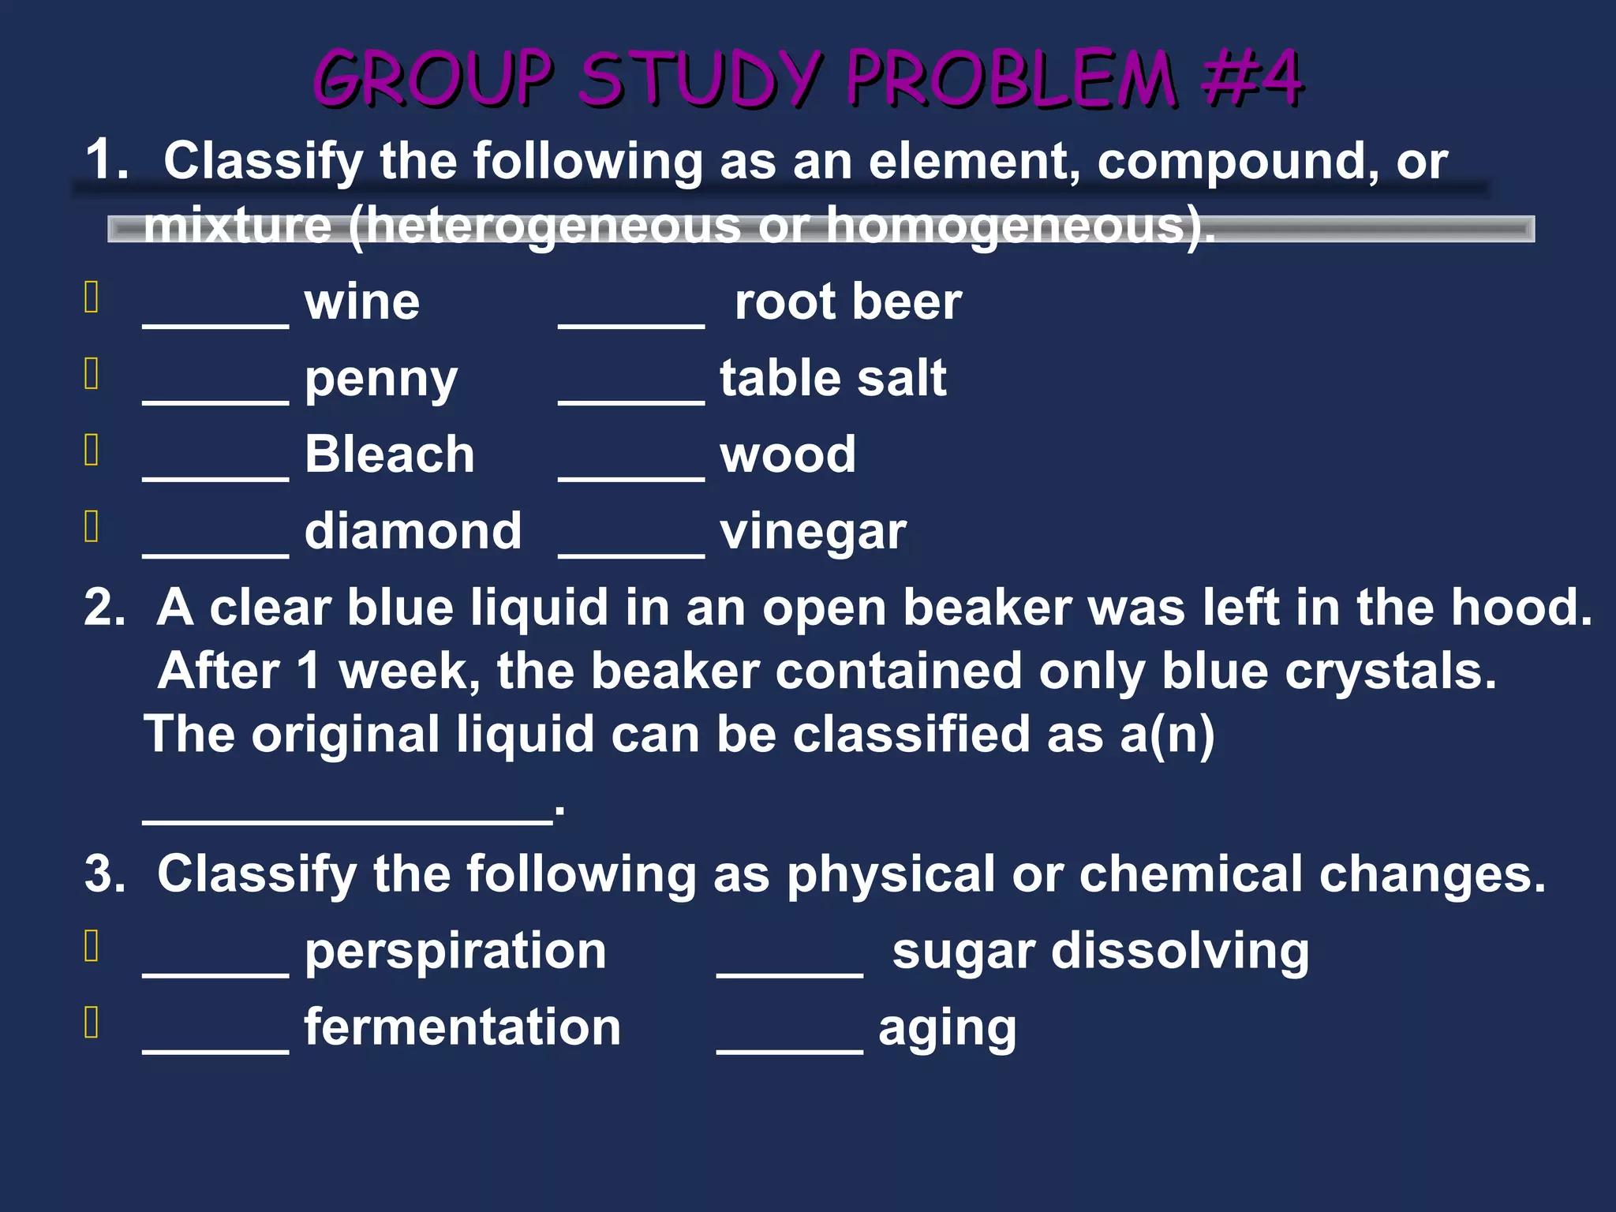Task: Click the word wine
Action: (x=362, y=302)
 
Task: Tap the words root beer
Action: (x=847, y=302)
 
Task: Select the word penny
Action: (x=380, y=380)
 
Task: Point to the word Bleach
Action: (x=390, y=454)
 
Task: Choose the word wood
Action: (x=787, y=454)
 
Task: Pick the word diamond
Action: (x=413, y=530)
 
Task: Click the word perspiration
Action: (x=455, y=952)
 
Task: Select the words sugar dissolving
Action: (x=1100, y=952)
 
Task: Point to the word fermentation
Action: (x=462, y=1027)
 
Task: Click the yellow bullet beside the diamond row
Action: (x=92, y=527)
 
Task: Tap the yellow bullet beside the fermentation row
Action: (x=92, y=1022)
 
